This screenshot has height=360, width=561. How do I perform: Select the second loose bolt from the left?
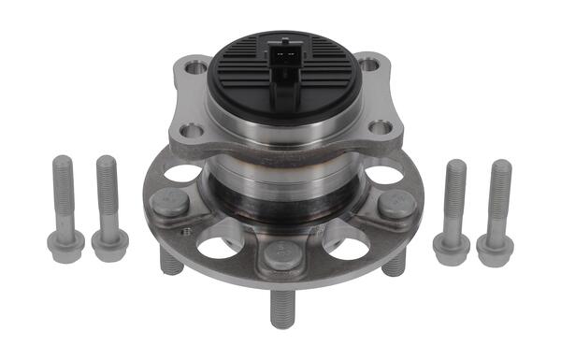click(108, 203)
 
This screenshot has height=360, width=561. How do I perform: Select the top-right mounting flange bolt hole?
click(369, 65)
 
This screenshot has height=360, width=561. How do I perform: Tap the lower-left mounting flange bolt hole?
click(191, 131)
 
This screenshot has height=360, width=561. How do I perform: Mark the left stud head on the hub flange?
click(171, 202)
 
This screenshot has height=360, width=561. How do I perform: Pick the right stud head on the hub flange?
click(396, 204)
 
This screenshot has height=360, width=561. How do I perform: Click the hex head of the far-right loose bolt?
click(495, 249)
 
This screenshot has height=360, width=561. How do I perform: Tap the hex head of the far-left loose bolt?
click(65, 245)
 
